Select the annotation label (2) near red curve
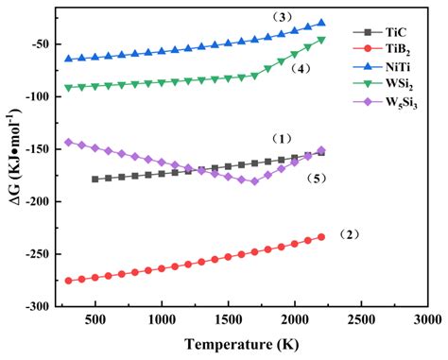pyautogui.click(x=353, y=232)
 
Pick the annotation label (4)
pyautogui.click(x=302, y=68)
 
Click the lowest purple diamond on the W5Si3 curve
pyautogui.click(x=254, y=181)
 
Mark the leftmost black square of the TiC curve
pyautogui.click(x=95, y=179)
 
